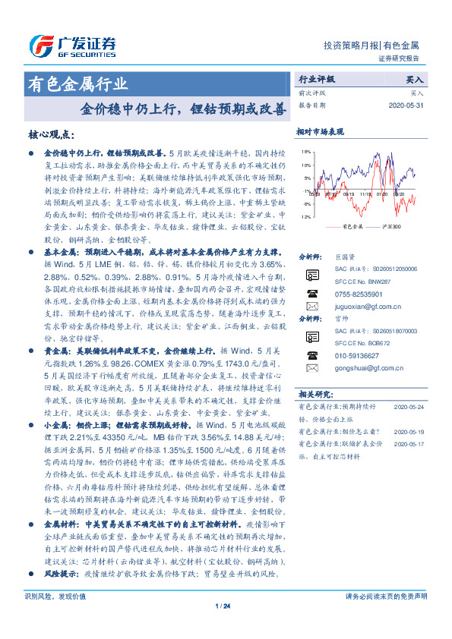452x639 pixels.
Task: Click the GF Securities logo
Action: point(73,44)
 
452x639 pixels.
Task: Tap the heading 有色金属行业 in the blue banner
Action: point(77,83)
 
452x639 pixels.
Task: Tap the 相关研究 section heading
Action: point(313,395)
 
